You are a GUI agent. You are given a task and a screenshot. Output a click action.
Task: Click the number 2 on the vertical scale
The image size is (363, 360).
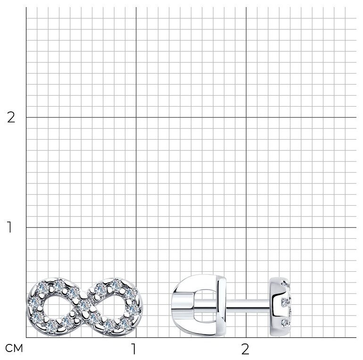pyautogui.click(x=11, y=117)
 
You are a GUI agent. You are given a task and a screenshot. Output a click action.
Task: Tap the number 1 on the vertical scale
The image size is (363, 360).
pyautogui.click(x=9, y=227)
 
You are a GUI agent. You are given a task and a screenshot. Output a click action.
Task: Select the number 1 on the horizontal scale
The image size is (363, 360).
pyautogui.click(x=133, y=349)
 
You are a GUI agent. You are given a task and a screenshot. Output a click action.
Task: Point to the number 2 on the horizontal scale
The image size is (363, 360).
pyautogui.click(x=245, y=349)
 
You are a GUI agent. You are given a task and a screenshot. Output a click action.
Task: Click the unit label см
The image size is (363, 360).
pyautogui.click(x=14, y=348)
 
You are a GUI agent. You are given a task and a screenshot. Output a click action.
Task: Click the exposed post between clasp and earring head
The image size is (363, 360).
pyautogui.click(x=247, y=304)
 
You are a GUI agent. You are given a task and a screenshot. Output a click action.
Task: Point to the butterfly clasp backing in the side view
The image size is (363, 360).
pyautogui.click(x=198, y=305)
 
